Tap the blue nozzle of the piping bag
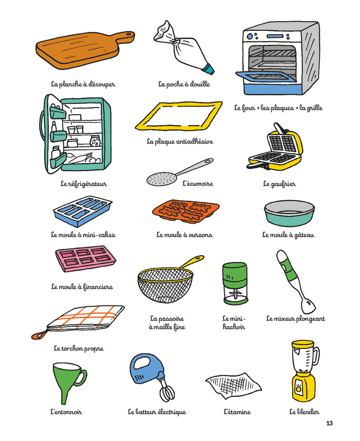point(209,69)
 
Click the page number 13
point(329,424)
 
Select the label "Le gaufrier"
point(279,184)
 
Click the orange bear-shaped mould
point(186,211)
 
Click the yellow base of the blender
point(303,385)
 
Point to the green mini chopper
point(235,284)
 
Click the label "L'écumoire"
point(198,184)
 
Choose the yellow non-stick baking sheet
point(179,116)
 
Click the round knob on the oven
point(249,37)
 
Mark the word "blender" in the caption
point(308,412)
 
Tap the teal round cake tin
point(289,213)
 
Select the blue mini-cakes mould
point(83,211)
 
